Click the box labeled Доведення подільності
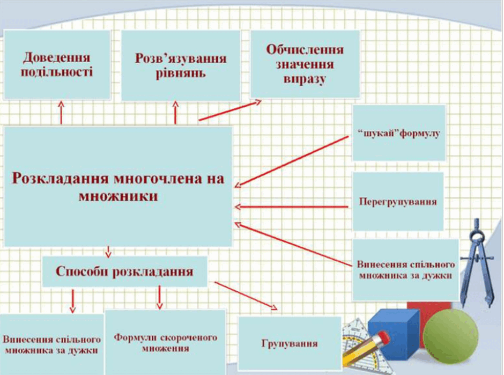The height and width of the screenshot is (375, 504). pos(57,64)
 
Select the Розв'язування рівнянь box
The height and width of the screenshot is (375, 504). pos(181,65)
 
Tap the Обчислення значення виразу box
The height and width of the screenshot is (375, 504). pos(305,64)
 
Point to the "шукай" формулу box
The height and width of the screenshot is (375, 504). pos(399,133)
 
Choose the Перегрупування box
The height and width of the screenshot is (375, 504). pos(398,201)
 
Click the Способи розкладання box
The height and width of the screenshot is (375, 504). pos(125,271)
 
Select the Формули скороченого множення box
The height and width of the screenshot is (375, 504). pos(166,342)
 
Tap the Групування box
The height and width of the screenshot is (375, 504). pos(290,343)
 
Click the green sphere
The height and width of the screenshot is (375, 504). pos(450,336)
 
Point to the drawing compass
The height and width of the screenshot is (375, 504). pos(477,263)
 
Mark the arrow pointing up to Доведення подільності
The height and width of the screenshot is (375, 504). pos(61,112)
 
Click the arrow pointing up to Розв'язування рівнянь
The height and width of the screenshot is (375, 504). pos(175,113)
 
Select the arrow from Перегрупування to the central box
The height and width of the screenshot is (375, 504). pos(292,207)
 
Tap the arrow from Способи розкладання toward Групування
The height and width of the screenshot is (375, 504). pos(246,296)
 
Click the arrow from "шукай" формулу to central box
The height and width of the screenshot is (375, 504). pos(292,161)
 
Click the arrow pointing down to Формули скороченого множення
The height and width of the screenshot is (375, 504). pos(159,297)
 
